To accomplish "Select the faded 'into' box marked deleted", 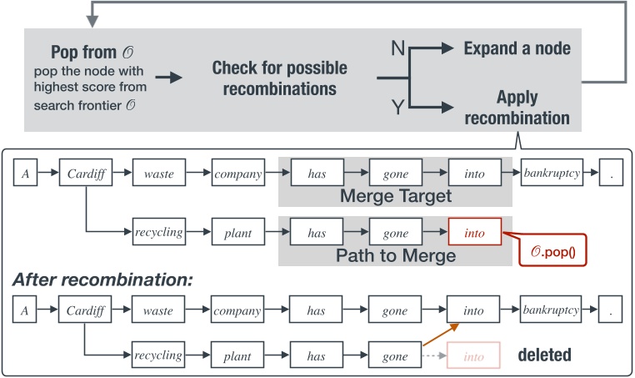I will pos(474,355).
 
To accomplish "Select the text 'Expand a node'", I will pos(517,49).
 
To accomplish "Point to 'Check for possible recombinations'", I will pos(279,78).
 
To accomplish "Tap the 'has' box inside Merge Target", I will pos(316,175).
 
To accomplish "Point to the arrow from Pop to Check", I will pos(171,78).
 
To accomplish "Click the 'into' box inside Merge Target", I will pos(474,175).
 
